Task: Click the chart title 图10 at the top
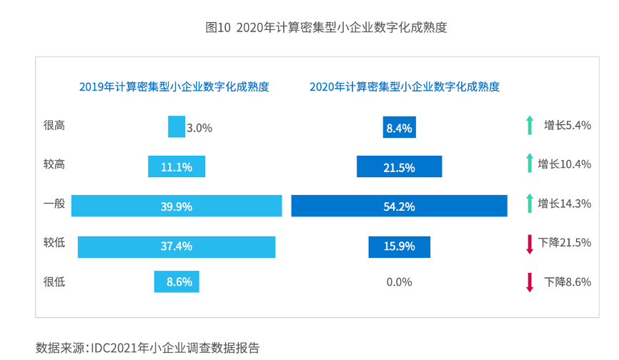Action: (326, 28)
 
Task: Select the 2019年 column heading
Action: (174, 87)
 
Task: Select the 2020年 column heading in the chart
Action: (405, 87)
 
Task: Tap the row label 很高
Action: (54, 126)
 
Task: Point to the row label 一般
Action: (54, 204)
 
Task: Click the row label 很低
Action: (54, 281)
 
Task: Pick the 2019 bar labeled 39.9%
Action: (176, 206)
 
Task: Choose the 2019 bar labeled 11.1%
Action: (176, 166)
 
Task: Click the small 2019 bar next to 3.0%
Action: (176, 127)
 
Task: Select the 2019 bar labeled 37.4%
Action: (176, 246)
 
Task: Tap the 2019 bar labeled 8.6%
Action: (177, 281)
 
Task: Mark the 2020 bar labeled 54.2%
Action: (399, 206)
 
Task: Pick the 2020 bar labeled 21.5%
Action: (399, 166)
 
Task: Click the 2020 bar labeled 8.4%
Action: (399, 128)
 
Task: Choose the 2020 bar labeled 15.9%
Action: (399, 246)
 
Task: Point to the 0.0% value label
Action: (399, 281)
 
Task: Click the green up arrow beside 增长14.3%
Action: (529, 204)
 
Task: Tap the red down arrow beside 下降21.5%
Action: (530, 243)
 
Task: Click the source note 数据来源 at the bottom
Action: (147, 348)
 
